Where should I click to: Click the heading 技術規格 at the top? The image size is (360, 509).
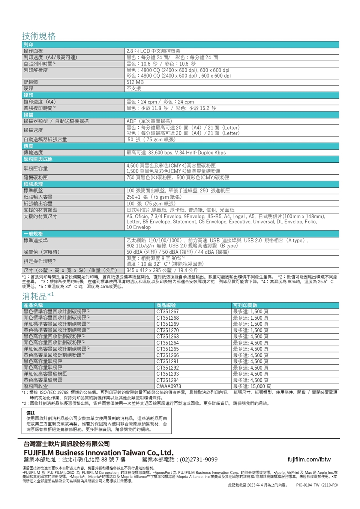[39, 36]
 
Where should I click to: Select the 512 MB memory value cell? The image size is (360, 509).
[135, 82]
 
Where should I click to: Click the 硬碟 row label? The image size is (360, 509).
[28, 88]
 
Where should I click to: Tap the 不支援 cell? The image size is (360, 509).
[134, 88]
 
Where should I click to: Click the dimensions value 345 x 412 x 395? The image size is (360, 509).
[162, 270]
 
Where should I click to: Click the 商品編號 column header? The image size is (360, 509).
[166, 305]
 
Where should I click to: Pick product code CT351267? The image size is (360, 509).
[168, 311]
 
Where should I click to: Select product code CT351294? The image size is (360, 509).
[168, 380]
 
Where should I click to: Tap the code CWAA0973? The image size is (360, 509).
[169, 386]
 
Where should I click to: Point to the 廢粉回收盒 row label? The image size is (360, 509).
[36, 386]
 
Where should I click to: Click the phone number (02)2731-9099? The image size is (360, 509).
[198, 460]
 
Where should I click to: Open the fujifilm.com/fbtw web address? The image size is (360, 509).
[309, 460]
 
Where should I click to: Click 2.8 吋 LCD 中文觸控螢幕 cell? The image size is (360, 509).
[153, 51]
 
